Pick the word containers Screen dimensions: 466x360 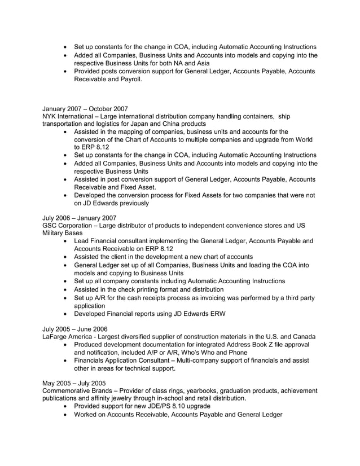253,116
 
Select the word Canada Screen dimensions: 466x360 304,336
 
